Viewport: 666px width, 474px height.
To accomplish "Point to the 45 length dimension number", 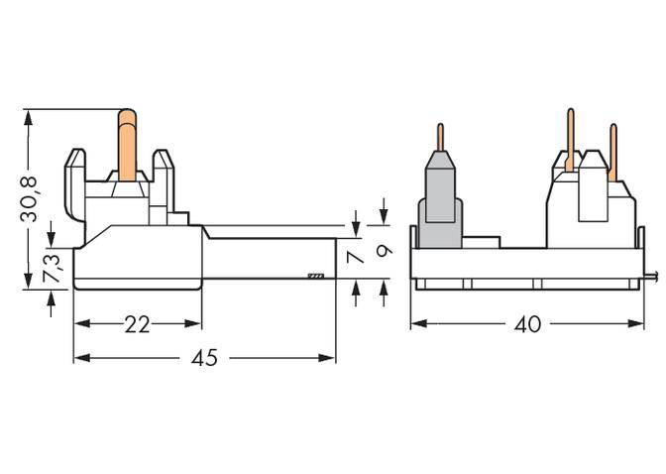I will pos(203,358).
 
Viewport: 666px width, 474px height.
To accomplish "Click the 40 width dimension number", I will pos(528,325).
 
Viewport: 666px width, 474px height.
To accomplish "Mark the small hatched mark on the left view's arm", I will pos(316,276).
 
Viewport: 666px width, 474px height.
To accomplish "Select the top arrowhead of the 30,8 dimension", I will pos(29,115).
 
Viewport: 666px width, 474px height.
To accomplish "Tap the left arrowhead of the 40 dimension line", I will pos(417,324).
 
